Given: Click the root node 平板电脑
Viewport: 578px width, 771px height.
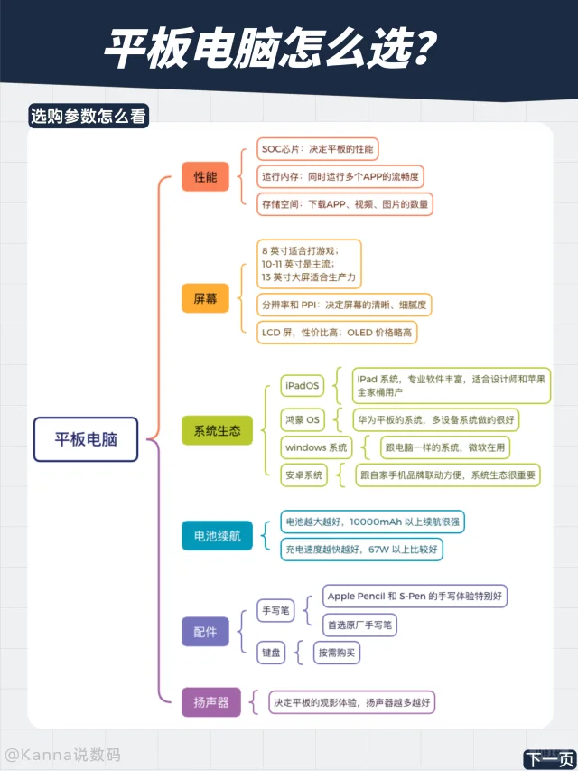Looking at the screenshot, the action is (86, 439).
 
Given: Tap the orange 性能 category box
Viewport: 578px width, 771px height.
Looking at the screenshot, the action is (205, 176).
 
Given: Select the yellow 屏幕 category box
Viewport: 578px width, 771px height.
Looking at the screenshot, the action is (205, 298).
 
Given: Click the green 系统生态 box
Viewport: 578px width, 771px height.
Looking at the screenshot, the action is (218, 431).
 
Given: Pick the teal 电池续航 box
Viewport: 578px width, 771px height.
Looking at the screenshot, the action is (218, 535).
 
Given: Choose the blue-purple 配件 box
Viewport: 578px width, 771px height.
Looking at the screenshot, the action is (205, 632).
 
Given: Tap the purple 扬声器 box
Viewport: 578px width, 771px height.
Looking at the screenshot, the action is (211, 702).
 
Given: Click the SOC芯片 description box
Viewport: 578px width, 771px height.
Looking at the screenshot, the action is (318, 149).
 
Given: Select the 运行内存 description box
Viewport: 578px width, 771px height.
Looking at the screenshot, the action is (340, 176).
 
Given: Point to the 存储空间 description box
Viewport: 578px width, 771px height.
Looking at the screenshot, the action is (345, 204).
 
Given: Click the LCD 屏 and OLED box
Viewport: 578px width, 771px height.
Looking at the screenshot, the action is (337, 333).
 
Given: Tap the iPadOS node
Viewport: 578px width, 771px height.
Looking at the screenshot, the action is (303, 386).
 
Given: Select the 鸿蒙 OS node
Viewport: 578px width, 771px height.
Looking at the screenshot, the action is (303, 420).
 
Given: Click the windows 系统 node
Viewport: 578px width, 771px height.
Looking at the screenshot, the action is (316, 447).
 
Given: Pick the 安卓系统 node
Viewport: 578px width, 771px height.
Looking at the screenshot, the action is (303, 475).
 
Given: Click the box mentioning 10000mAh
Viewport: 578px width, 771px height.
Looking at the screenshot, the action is (373, 522).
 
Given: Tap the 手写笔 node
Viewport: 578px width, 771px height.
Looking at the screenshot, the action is (275, 611).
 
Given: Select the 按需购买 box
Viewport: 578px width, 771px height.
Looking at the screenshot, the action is (337, 653).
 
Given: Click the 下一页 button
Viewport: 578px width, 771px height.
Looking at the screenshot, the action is (549, 758).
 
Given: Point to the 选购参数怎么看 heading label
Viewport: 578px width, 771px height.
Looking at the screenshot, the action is (89, 116).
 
